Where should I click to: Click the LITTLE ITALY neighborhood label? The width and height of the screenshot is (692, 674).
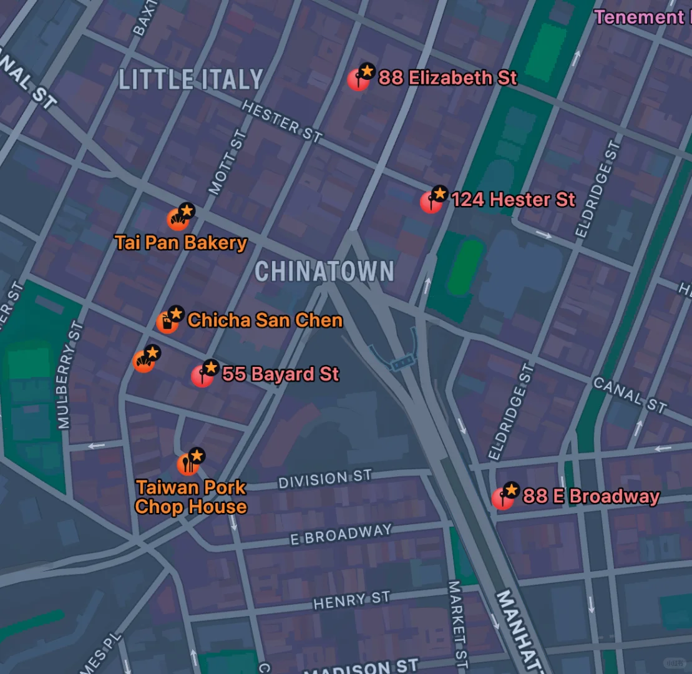point(190,80)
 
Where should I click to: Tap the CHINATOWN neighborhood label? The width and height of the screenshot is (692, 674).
point(324,271)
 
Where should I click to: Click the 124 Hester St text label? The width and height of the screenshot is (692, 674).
point(513,200)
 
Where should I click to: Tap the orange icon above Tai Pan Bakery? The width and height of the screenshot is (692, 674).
point(178,220)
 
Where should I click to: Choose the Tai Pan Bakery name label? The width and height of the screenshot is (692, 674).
point(181,243)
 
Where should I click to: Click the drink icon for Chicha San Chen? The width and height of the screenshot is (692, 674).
point(167,322)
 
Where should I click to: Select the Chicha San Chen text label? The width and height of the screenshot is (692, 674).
point(265,320)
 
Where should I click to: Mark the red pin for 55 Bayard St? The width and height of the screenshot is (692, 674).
point(202,376)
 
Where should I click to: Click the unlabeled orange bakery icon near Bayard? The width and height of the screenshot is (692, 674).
point(144,361)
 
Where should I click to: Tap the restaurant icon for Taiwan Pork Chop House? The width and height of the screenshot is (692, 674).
point(188,464)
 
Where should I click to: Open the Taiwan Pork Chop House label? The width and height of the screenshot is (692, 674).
point(191,497)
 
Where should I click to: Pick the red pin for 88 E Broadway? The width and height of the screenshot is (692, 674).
point(502,499)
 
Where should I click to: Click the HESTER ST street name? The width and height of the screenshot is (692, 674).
point(282,122)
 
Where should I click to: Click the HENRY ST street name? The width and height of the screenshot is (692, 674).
point(351,600)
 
